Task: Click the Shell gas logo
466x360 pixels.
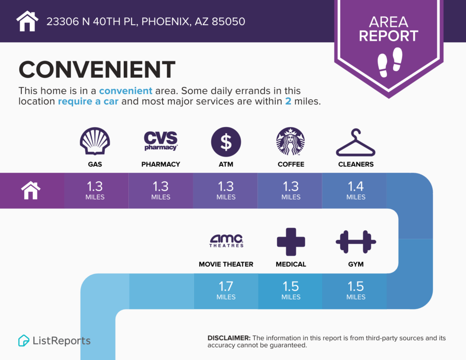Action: click(x=95, y=141)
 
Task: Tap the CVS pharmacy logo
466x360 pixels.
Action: click(x=161, y=141)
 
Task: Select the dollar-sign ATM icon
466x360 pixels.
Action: click(x=226, y=142)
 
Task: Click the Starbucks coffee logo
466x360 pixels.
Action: click(x=291, y=141)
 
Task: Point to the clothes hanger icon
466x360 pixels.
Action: click(x=356, y=142)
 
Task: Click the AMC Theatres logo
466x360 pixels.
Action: click(x=226, y=241)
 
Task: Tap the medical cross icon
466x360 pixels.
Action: click(x=291, y=242)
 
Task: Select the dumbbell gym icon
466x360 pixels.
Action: click(x=356, y=242)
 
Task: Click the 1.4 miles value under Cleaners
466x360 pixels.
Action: click(x=356, y=190)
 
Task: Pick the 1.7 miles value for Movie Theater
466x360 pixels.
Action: click(x=226, y=290)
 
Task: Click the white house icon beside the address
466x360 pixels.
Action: click(x=27, y=21)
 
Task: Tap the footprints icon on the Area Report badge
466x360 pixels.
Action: click(x=390, y=62)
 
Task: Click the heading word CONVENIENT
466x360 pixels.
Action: click(x=97, y=70)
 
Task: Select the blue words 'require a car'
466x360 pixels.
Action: click(x=88, y=101)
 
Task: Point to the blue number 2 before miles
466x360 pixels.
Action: click(x=288, y=101)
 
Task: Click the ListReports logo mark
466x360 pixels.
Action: click(x=24, y=340)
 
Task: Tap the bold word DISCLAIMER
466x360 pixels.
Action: click(x=229, y=338)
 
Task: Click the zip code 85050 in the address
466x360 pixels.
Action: click(x=228, y=21)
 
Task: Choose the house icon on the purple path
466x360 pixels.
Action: click(x=30, y=190)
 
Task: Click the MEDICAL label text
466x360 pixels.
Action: click(x=291, y=264)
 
